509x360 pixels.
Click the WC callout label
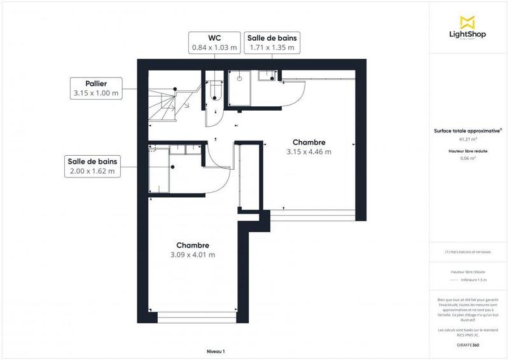click(214, 38)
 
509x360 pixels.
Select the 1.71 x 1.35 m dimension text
click(272, 47)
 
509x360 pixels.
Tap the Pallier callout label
click(96, 83)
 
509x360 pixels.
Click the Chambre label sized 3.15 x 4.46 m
click(309, 142)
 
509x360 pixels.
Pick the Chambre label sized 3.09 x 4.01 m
click(192, 246)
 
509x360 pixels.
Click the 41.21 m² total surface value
click(468, 139)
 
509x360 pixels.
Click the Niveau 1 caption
click(216, 351)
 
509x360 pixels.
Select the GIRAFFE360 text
click(468, 343)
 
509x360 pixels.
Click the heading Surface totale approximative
click(468, 130)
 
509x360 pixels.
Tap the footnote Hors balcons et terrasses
click(468, 252)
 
